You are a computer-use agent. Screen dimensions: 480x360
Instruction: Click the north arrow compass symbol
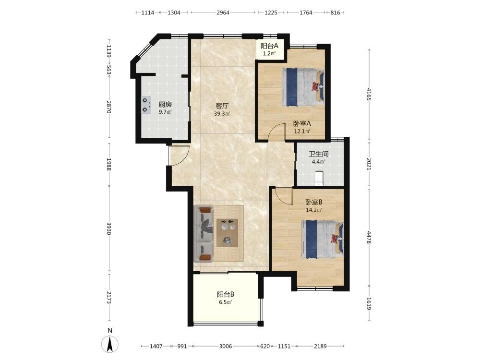[x=110, y=344]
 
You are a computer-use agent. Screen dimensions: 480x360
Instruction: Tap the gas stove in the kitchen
[x=146, y=105]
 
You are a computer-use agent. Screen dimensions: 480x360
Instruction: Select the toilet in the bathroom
[x=319, y=179]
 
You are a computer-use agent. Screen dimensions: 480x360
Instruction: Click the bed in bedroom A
[x=303, y=87]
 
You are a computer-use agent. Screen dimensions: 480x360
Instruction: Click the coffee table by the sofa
[x=227, y=232]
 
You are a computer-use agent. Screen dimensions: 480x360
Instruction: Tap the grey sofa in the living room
[x=204, y=234]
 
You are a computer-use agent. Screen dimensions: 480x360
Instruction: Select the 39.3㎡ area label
[x=222, y=114]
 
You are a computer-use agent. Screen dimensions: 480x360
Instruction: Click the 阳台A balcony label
[x=269, y=46]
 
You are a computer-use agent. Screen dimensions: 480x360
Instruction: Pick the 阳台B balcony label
[x=226, y=295]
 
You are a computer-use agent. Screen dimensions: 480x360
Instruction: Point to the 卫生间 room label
[x=318, y=154]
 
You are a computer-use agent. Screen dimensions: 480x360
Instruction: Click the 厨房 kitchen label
[x=165, y=104]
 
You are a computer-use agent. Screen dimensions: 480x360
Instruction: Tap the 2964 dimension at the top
[x=223, y=12]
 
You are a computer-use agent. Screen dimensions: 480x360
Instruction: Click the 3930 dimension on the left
[x=108, y=228]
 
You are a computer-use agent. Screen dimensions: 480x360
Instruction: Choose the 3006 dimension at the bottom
[x=226, y=346]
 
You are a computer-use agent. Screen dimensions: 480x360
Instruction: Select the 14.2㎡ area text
[x=314, y=210]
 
